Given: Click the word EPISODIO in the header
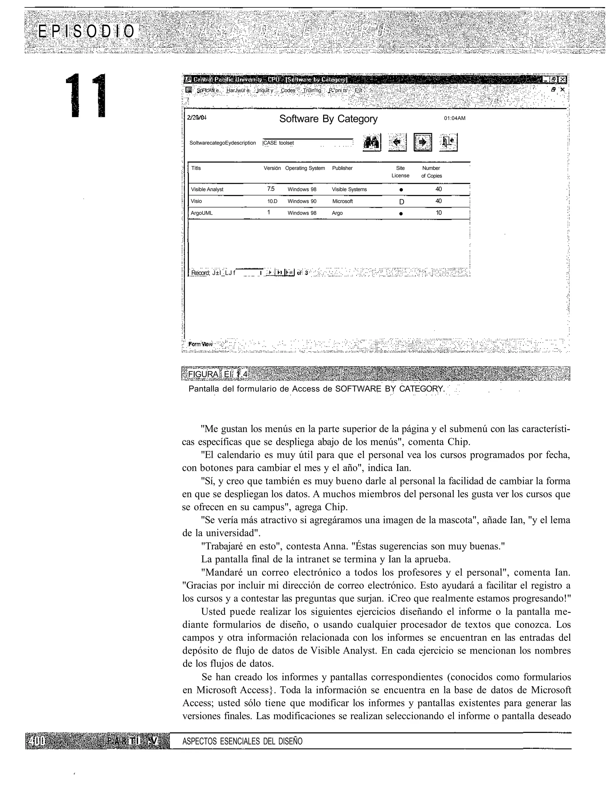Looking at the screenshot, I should [x=86, y=32].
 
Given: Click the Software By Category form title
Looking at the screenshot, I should [x=328, y=119].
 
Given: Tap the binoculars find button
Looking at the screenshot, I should [x=372, y=142].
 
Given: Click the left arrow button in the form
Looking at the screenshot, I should [x=397, y=142].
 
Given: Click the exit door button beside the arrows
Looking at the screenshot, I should [x=449, y=142].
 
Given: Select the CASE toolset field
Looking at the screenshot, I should [x=307, y=143].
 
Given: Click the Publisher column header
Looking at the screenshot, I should [x=342, y=168].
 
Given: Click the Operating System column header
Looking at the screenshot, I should [x=305, y=168].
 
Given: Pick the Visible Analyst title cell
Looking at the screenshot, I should [x=207, y=189].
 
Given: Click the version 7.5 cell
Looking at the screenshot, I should [x=270, y=189].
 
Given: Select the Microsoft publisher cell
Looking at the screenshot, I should [x=343, y=201].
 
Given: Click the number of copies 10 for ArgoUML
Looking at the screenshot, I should [x=439, y=213].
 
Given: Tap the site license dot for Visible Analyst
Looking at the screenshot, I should [x=401, y=190].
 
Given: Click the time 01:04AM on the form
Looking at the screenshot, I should [x=455, y=118].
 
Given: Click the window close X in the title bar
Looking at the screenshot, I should [x=562, y=79].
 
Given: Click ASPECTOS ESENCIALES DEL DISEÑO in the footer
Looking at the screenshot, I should [x=242, y=741].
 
